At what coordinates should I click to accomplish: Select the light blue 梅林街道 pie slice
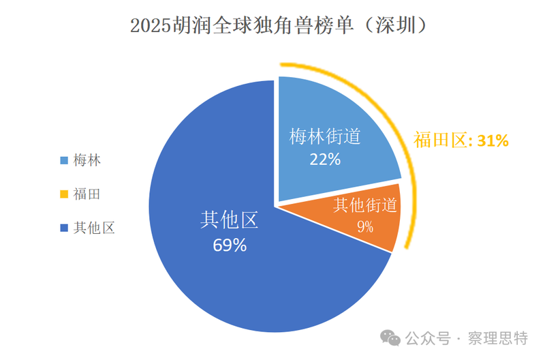coord(327,123)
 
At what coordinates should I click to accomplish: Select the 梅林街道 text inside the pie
coord(324,137)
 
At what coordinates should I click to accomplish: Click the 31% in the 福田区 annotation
coord(493,141)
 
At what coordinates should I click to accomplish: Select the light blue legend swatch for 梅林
coord(64,161)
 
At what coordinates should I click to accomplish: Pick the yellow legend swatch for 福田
coord(64,194)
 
